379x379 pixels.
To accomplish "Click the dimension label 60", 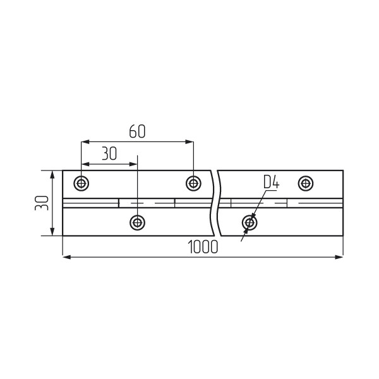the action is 137,131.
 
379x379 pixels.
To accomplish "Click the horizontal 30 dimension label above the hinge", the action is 109,153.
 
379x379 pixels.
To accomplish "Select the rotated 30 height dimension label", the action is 42,203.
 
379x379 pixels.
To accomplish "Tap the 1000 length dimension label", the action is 203,247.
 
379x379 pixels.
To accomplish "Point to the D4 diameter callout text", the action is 271,182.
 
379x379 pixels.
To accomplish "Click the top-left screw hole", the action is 81,183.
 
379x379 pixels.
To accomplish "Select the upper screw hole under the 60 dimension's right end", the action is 193,183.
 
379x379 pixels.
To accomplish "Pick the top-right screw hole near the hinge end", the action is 306,183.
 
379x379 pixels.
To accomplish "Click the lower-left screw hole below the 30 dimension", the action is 137,222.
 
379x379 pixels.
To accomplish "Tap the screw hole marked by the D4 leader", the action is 250,222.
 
